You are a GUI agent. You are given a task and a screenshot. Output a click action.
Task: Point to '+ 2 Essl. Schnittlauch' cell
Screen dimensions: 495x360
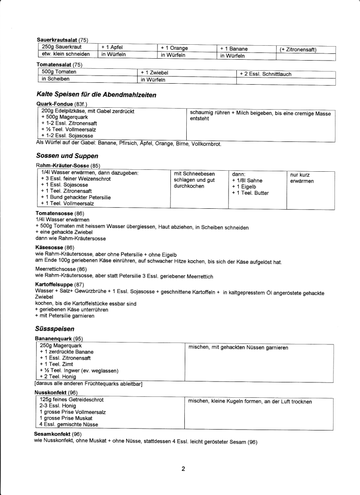point(265,74)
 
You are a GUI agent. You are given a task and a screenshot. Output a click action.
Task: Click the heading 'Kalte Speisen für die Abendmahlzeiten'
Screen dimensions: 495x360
point(96,95)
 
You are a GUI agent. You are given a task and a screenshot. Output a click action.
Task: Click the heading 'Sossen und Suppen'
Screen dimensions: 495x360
point(66,156)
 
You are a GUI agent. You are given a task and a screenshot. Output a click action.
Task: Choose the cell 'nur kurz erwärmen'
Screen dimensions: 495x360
point(302,178)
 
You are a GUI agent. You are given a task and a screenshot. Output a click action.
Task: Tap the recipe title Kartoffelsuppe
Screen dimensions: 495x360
point(55,285)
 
